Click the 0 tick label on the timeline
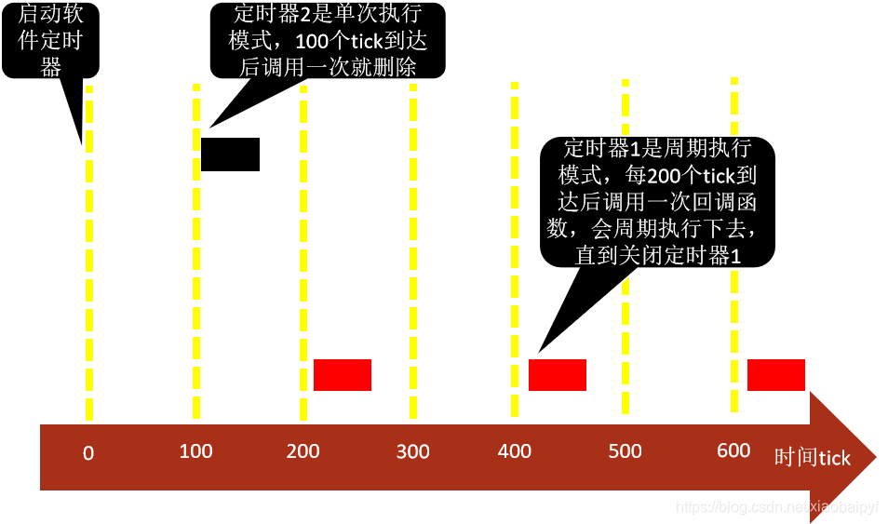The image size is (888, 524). [x=88, y=454]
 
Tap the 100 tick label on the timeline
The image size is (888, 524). [x=195, y=451]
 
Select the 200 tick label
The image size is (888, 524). [x=303, y=451]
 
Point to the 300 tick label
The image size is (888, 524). [x=412, y=452]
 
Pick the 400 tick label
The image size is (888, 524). [x=515, y=451]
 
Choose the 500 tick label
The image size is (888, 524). [x=625, y=451]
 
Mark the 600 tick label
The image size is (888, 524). [x=733, y=450]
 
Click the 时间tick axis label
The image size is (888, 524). [x=813, y=457]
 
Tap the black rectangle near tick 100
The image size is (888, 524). [x=230, y=155]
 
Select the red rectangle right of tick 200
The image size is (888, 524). [x=343, y=374]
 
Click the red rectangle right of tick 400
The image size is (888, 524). [x=558, y=374]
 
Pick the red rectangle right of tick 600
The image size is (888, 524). [x=776, y=374]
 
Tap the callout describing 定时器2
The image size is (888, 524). [x=328, y=41]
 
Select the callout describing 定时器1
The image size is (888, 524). [x=657, y=201]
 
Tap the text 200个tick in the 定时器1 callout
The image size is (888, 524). [x=685, y=175]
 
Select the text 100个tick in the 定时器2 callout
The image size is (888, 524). [x=343, y=42]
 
